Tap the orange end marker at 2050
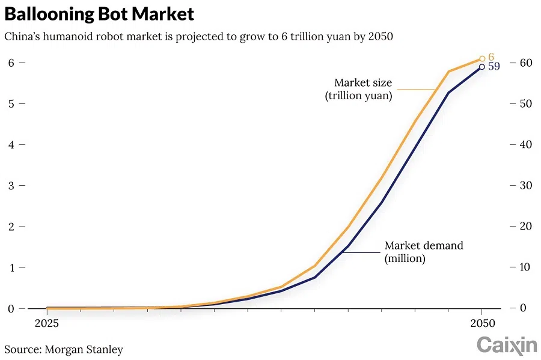point(482,59)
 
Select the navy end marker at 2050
point(481,67)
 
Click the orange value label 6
point(491,57)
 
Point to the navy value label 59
point(494,67)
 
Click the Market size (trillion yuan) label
point(363,89)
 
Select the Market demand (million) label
point(423,252)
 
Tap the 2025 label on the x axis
point(46,323)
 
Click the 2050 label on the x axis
point(481,323)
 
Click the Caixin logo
point(507,345)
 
